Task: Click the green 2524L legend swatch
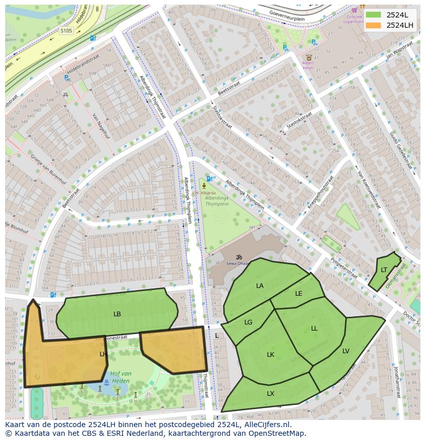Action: point(374,15)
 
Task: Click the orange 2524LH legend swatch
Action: point(374,25)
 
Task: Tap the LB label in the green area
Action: point(117,314)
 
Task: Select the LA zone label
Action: point(260,285)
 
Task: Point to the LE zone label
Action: point(299,294)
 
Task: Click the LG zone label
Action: point(248,322)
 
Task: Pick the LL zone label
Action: point(314,328)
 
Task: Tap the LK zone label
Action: point(271,354)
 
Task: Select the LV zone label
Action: point(346,351)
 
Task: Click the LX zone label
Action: point(271,394)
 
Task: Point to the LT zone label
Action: point(384,270)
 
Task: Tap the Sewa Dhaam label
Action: point(238,263)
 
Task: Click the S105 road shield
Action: point(66,31)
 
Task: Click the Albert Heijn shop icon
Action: point(308,58)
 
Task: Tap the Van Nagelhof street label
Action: point(101,126)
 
